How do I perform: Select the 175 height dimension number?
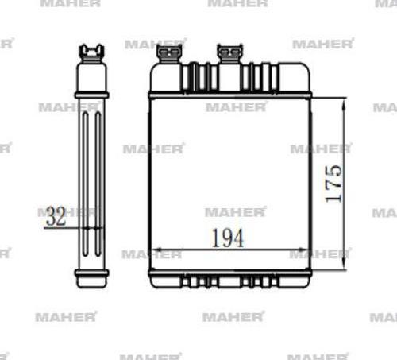[x=333, y=183]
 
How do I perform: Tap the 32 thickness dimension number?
[x=55, y=216]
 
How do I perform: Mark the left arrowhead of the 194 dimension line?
[x=154, y=250]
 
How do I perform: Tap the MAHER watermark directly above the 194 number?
[x=235, y=212]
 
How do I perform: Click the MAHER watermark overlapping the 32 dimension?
[x=67, y=212]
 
